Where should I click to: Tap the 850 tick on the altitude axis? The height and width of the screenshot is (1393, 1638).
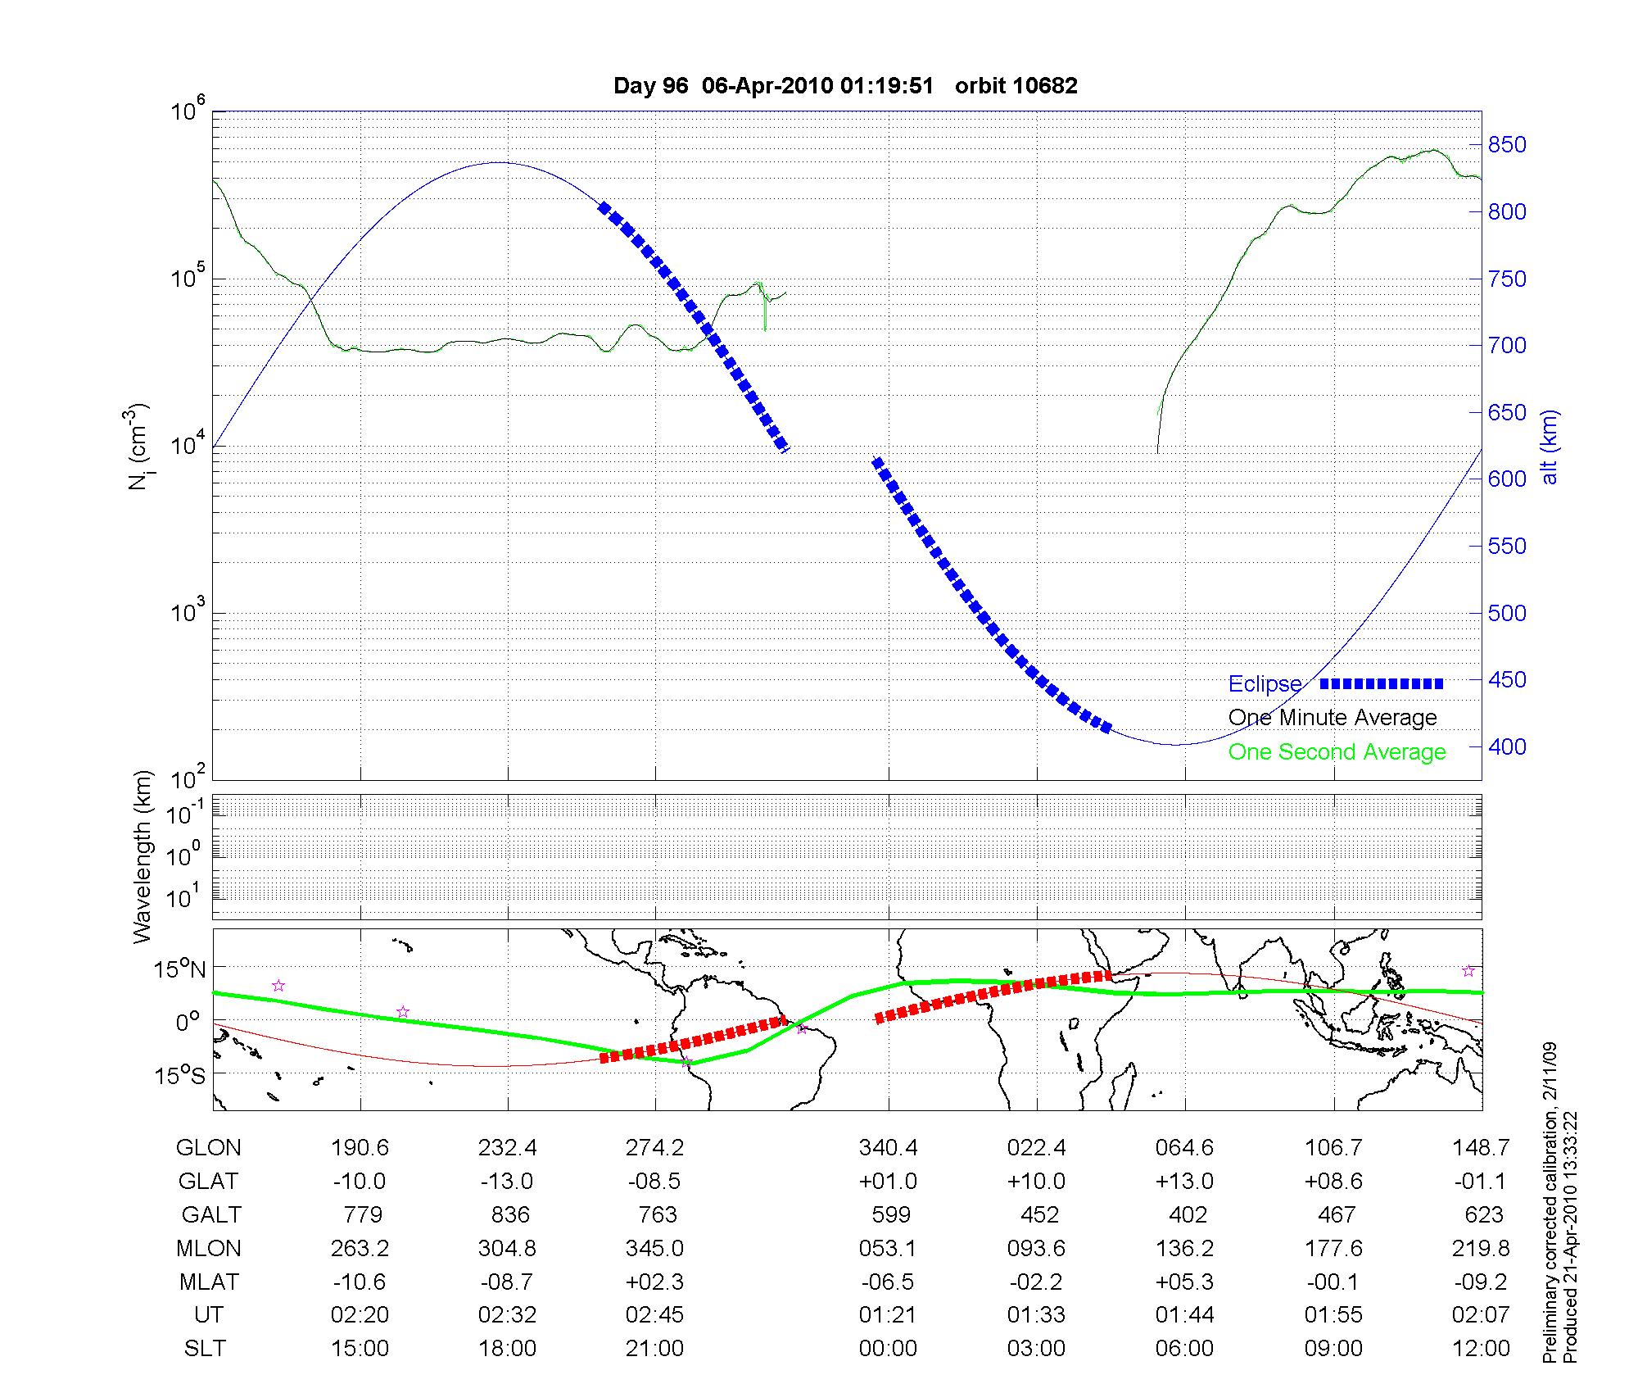coord(1507,145)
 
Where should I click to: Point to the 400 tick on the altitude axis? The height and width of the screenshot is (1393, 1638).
coord(1507,746)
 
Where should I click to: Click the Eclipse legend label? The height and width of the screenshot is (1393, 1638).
coord(1265,684)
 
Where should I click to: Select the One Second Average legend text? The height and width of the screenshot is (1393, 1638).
coord(1337,751)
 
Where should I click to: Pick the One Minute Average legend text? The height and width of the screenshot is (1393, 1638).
coord(1333,718)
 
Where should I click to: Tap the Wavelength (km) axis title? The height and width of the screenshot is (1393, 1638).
coord(143,856)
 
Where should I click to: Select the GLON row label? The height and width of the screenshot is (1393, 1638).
coord(208,1148)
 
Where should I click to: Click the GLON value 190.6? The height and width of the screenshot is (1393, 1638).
coord(360,1148)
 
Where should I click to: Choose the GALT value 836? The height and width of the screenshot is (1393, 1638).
coord(509,1214)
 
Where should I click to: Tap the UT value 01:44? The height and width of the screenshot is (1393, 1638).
coord(1184,1314)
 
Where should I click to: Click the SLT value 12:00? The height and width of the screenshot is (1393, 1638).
coord(1481,1348)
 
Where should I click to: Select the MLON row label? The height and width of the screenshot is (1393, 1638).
coord(208,1248)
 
